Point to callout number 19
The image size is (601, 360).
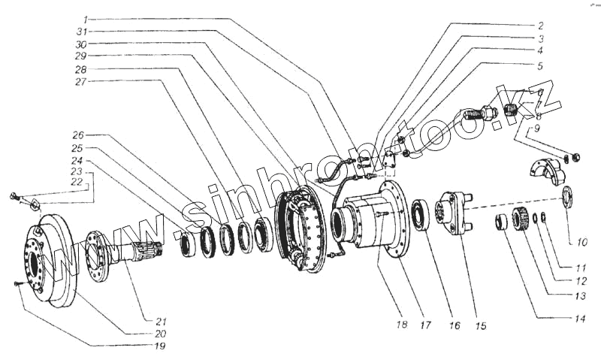[x=160, y=346]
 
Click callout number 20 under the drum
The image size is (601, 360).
[x=160, y=334]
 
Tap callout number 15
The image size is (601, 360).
[x=481, y=326]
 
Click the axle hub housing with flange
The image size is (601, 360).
[x=372, y=218]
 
